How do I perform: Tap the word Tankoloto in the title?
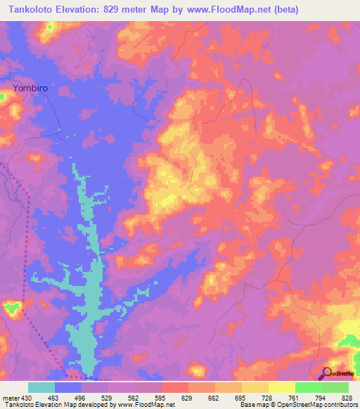pyautogui.click(x=28, y=10)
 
